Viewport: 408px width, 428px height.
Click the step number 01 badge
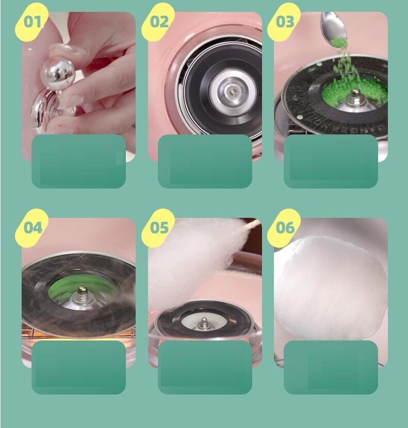(x=31, y=22)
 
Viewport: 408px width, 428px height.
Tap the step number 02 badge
(x=158, y=22)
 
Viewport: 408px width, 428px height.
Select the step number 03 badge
(x=284, y=22)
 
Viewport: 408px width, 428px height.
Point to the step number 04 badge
(x=31, y=228)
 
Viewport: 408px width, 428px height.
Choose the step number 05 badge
(x=158, y=228)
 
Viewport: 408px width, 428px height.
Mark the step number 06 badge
(x=284, y=228)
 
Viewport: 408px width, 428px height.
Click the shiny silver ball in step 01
(x=57, y=74)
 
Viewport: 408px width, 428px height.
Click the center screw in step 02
(x=233, y=92)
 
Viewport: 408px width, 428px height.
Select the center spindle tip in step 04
(x=82, y=289)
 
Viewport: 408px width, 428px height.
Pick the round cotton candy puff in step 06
(x=331, y=288)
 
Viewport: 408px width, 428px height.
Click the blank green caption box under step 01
(x=79, y=161)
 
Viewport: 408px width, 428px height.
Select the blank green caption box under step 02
(x=205, y=161)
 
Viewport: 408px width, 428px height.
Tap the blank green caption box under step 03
(x=331, y=161)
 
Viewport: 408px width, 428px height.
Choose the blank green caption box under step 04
(x=79, y=367)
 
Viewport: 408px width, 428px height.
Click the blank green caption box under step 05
(x=205, y=367)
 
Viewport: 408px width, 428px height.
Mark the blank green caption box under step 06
(x=331, y=367)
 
